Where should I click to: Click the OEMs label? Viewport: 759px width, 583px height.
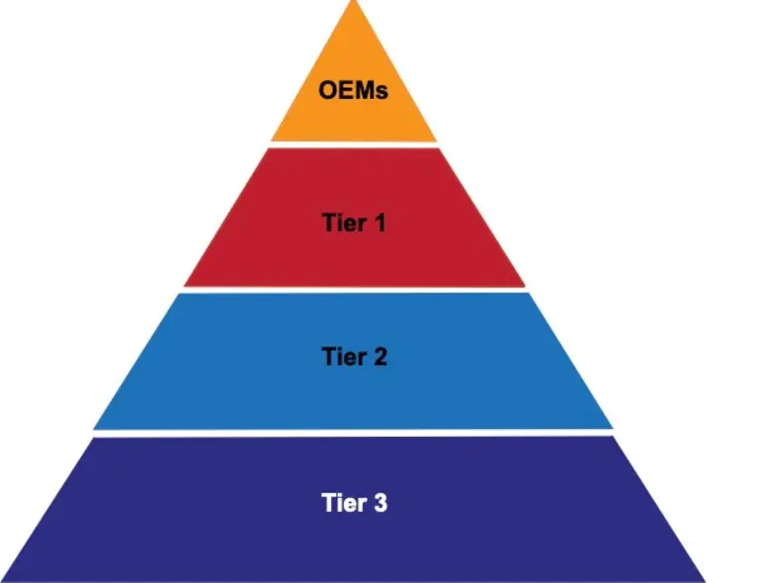(x=353, y=92)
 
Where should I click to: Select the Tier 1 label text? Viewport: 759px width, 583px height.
(x=353, y=222)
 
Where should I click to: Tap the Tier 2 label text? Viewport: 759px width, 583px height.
(x=354, y=357)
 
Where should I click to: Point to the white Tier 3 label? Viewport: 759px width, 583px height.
(x=354, y=503)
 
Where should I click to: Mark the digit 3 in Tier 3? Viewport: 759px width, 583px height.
(x=379, y=503)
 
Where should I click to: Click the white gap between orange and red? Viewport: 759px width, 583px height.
(x=353, y=144)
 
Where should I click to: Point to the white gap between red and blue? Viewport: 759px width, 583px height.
(x=353, y=290)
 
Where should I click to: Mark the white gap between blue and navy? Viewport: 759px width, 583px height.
(x=353, y=433)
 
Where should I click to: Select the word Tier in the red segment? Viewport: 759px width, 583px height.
(x=342, y=222)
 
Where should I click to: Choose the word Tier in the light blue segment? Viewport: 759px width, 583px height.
(x=342, y=357)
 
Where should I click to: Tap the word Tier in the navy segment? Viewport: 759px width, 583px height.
(x=342, y=503)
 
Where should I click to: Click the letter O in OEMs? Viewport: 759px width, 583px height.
(x=328, y=92)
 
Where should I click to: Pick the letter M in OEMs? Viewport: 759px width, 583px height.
(x=362, y=92)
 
